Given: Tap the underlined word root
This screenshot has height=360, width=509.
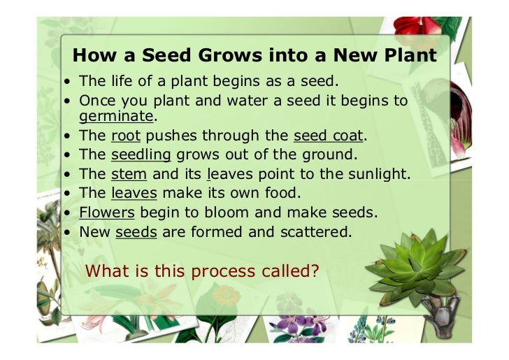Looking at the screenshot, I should click(x=126, y=136).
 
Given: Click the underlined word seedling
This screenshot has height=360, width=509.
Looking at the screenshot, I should click(x=141, y=154).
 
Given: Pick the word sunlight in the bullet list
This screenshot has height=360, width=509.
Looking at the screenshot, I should click(x=382, y=173).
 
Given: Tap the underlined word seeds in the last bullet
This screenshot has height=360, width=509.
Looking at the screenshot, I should click(x=136, y=229).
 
